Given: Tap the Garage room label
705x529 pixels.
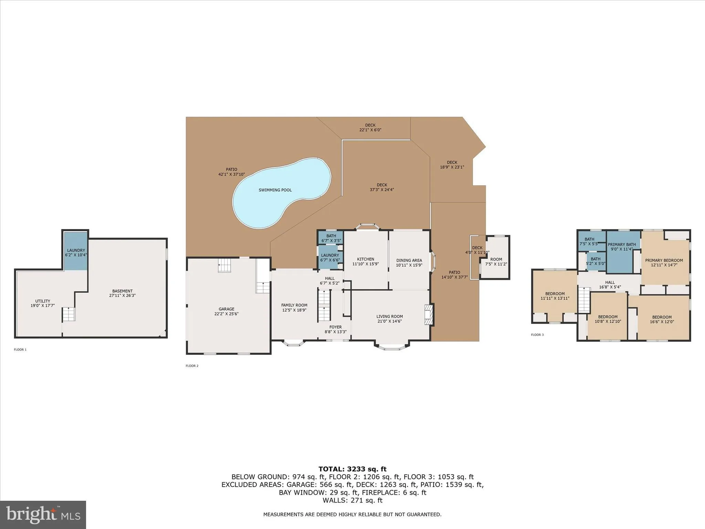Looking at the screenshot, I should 226,309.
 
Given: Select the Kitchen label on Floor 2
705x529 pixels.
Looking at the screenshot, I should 365,259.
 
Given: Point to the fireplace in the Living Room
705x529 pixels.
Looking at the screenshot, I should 429,314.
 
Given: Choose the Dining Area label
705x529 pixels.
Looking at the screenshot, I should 409,260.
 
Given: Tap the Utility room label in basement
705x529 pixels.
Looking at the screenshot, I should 43,301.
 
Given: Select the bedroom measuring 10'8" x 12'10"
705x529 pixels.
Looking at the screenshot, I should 608,319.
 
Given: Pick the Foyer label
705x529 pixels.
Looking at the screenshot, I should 335,327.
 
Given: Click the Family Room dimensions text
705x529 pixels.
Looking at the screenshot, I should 294,310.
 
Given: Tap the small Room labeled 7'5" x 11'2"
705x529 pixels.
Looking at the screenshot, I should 496,261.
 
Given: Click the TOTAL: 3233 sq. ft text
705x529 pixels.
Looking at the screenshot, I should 352,469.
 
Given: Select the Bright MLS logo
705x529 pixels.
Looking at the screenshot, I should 43,515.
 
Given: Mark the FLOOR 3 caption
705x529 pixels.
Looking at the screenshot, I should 537,335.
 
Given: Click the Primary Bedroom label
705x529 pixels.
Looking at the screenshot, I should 664,260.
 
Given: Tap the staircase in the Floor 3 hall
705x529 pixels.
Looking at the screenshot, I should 583,300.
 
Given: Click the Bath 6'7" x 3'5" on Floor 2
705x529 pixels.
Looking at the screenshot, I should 331,238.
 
